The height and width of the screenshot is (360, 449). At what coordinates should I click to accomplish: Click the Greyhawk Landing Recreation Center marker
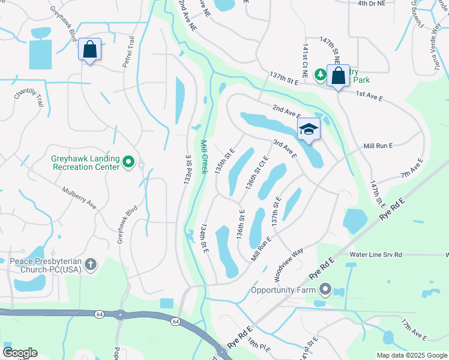click(x=128, y=162)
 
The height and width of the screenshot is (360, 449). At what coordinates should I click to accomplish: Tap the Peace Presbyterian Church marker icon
click(x=90, y=265)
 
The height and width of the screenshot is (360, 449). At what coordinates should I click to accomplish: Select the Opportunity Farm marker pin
click(x=325, y=290)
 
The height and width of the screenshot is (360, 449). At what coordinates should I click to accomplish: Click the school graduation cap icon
click(x=309, y=130)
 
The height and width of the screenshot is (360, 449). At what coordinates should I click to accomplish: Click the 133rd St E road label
click(x=188, y=168)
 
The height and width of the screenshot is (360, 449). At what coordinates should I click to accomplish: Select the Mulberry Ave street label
click(x=79, y=197)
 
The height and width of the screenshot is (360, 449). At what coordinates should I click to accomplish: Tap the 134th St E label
click(x=204, y=238)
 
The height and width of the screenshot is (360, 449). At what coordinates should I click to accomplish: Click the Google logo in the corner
click(x=20, y=353)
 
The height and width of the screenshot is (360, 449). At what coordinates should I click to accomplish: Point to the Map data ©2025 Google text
click(x=411, y=355)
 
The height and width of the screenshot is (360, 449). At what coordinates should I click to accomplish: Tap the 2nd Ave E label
click(x=286, y=111)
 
